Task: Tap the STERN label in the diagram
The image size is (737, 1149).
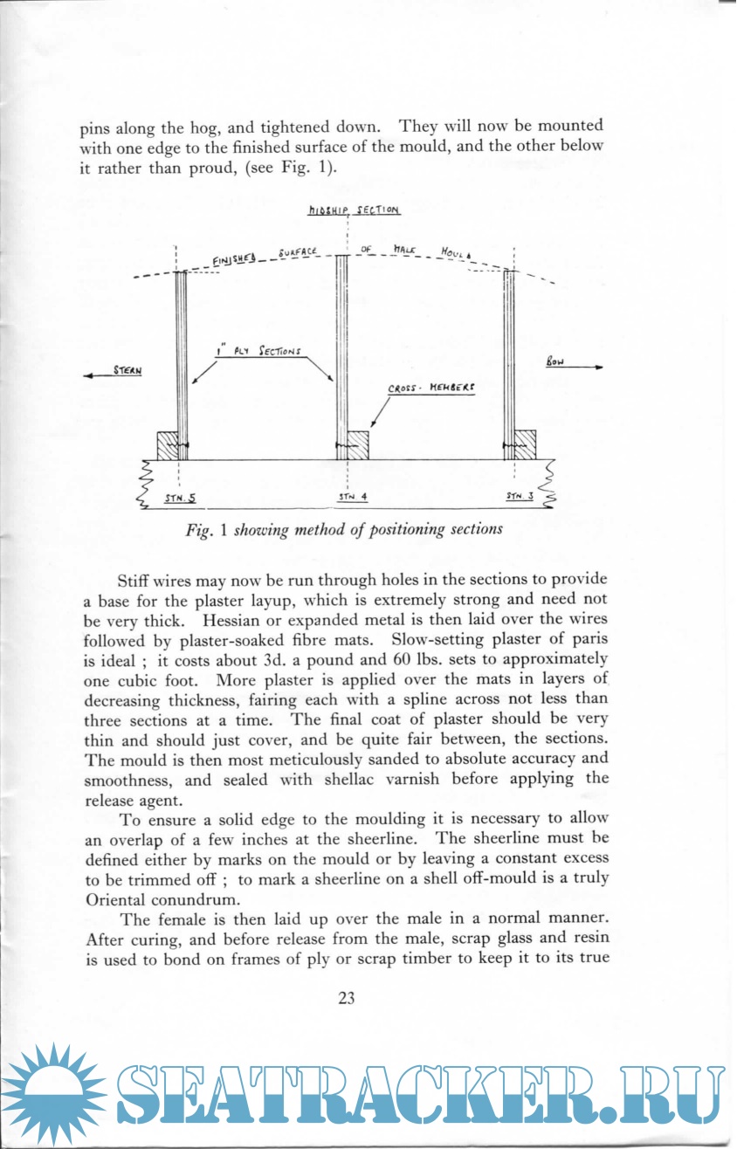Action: tap(127, 370)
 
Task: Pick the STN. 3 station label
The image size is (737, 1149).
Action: tap(521, 496)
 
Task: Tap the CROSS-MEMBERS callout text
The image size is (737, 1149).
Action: tap(431, 392)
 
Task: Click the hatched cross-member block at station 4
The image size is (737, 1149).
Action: tap(358, 445)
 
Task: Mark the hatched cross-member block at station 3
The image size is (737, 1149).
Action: tap(524, 445)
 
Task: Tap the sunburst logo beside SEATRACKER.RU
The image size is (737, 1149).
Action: tap(54, 1095)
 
